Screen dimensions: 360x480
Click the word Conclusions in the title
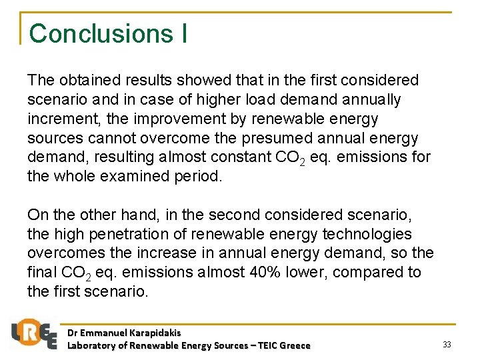101,33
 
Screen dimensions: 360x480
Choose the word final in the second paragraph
42,273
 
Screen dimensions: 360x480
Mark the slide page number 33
447,344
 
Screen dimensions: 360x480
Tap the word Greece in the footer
295,345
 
